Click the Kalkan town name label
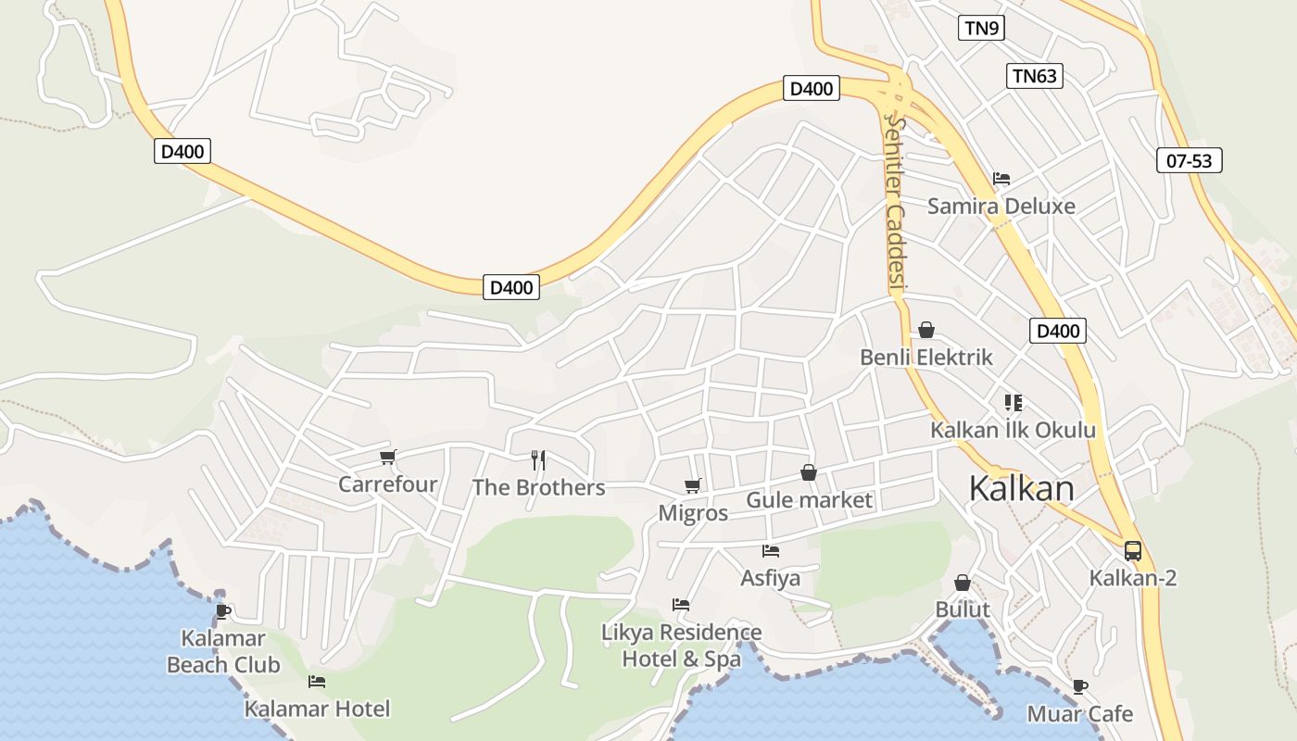[x=1021, y=488]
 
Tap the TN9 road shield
[x=981, y=28]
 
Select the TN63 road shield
[x=1034, y=76]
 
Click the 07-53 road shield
[x=1189, y=160]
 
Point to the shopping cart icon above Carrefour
[x=388, y=457]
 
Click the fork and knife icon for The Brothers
[x=538, y=459]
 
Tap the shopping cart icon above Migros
[x=692, y=485]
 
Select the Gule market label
[x=809, y=501]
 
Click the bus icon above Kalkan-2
[x=1132, y=551]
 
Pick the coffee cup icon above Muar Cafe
[x=1079, y=686]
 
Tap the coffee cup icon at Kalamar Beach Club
[x=222, y=611]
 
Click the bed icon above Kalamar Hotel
[x=317, y=682]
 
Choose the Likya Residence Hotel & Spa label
[x=681, y=646]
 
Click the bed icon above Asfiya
[x=770, y=551]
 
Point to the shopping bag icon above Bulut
[x=963, y=583]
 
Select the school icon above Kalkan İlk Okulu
[x=1013, y=403]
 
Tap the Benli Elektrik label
[x=926, y=358]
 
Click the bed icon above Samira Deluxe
[x=1001, y=179]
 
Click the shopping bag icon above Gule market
[x=809, y=473]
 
